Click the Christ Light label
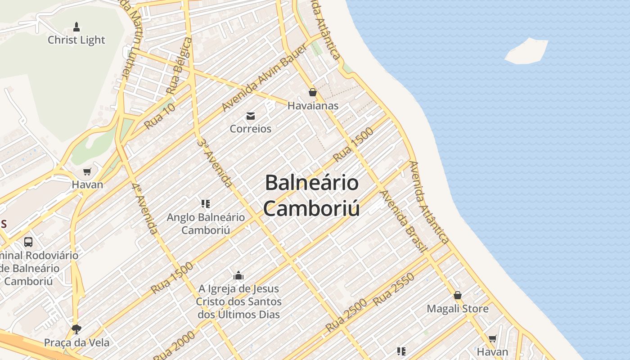tap(76, 40)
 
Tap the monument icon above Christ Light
tap(76, 27)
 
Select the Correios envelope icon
tap(251, 116)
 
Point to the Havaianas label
tap(313, 106)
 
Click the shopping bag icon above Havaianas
tap(313, 92)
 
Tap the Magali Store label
tap(458, 309)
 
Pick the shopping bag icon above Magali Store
tap(458, 295)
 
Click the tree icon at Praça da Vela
tap(76, 329)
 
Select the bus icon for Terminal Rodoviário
tap(28, 242)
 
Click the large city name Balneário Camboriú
tap(311, 196)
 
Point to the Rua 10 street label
tap(160, 116)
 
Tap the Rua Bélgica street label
tap(179, 66)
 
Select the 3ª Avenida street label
tap(215, 163)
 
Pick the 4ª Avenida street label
tap(145, 208)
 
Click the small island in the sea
tap(526, 51)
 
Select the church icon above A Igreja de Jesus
tap(238, 275)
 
